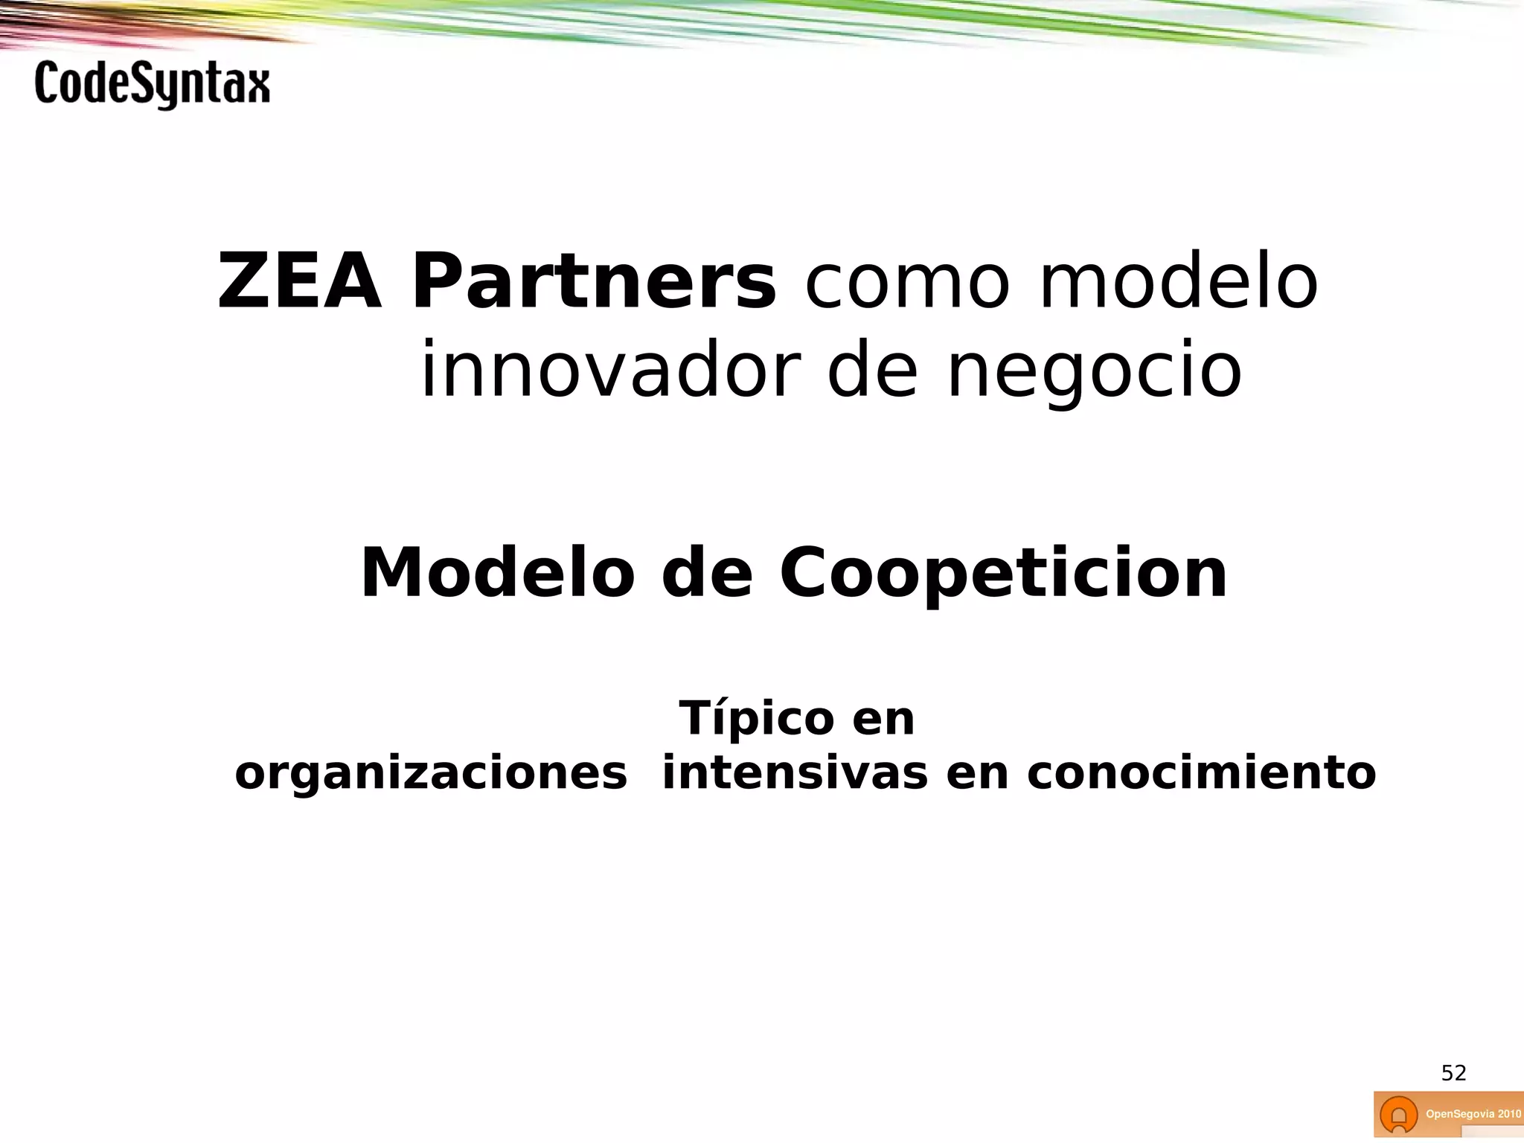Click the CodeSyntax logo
pyautogui.click(x=152, y=85)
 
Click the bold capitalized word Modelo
pyautogui.click(x=497, y=573)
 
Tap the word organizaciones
pyautogui.click(x=431, y=774)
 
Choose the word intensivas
pyautogui.click(x=795, y=774)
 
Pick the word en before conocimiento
pyautogui.click(x=977, y=775)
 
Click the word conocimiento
pyautogui.click(x=1201, y=774)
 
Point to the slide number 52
pyautogui.click(x=1453, y=1073)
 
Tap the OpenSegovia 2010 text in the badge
pyautogui.click(x=1473, y=1114)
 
